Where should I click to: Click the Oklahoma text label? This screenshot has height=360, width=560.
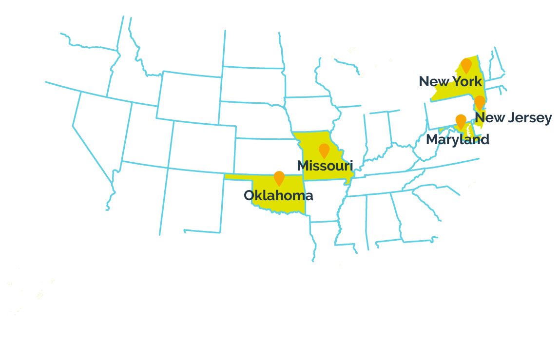tap(278, 196)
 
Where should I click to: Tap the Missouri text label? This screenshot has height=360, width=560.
tap(325, 166)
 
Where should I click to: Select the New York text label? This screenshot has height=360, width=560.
tap(450, 81)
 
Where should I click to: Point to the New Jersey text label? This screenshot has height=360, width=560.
tap(513, 118)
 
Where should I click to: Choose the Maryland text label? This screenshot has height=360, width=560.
tap(457, 140)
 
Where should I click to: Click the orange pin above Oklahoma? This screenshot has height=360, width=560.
tap(279, 178)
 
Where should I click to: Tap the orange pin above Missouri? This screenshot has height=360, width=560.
tap(324, 150)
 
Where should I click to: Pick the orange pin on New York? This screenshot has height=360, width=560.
tap(466, 65)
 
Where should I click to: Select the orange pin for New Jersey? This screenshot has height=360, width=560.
tap(480, 102)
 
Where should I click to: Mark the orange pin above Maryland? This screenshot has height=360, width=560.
tap(461, 121)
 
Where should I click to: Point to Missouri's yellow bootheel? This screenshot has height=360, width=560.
tap(348, 181)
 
